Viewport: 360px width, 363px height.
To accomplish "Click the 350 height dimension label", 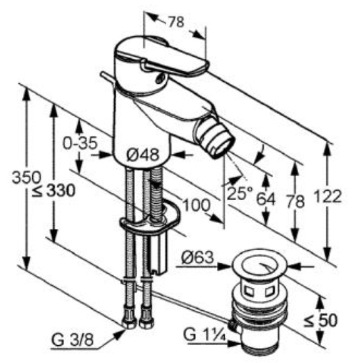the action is (x=26, y=178).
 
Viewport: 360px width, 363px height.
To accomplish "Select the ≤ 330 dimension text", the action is (x=54, y=191).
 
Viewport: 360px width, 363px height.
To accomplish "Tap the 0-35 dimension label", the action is (x=80, y=143).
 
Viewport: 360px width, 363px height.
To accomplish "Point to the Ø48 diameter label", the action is (x=143, y=154).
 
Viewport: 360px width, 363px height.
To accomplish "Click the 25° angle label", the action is (x=239, y=193).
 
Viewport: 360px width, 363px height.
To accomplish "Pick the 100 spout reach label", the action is (x=196, y=205).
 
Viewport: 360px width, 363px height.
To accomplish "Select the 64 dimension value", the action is (x=266, y=199).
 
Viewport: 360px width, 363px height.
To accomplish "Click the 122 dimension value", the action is (x=328, y=196).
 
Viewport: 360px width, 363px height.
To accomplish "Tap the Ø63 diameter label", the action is (x=197, y=257).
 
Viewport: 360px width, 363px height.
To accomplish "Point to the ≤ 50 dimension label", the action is (x=320, y=320).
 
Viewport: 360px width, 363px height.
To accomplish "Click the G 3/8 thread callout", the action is (x=73, y=340).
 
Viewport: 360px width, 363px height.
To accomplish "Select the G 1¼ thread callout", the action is (x=204, y=335).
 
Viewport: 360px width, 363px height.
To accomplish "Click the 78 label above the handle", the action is (x=176, y=22).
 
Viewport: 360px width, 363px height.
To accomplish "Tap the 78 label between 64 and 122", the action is (x=295, y=201).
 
